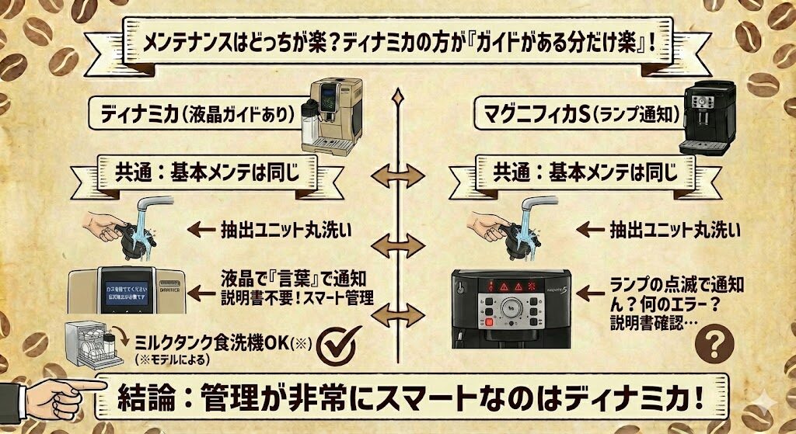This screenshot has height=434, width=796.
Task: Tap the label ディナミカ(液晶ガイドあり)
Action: (x=196, y=114)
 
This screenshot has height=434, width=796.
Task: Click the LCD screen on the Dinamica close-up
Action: (x=127, y=291)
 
